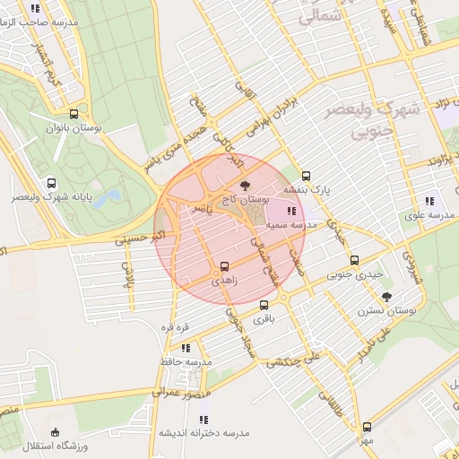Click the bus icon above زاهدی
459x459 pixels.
pyautogui.click(x=224, y=265)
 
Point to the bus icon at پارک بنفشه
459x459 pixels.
pyautogui.click(x=307, y=176)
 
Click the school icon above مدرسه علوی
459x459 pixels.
pyautogui.click(x=429, y=201)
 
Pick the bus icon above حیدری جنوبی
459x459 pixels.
pyautogui.click(x=354, y=261)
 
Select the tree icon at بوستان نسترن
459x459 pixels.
pyautogui.click(x=386, y=296)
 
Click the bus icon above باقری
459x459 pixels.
pyautogui.click(x=263, y=305)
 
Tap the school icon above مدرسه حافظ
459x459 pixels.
pyautogui.click(x=186, y=348)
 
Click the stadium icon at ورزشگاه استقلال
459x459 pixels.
pyautogui.click(x=56, y=432)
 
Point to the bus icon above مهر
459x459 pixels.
pyautogui.click(x=367, y=428)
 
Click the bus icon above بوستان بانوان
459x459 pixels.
pyautogui.click(x=74, y=114)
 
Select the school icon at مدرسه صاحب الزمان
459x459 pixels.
pyautogui.click(x=35, y=8)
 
